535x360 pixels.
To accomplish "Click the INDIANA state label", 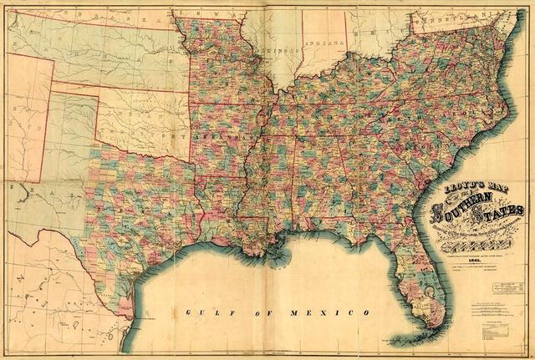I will tap(324, 42).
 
